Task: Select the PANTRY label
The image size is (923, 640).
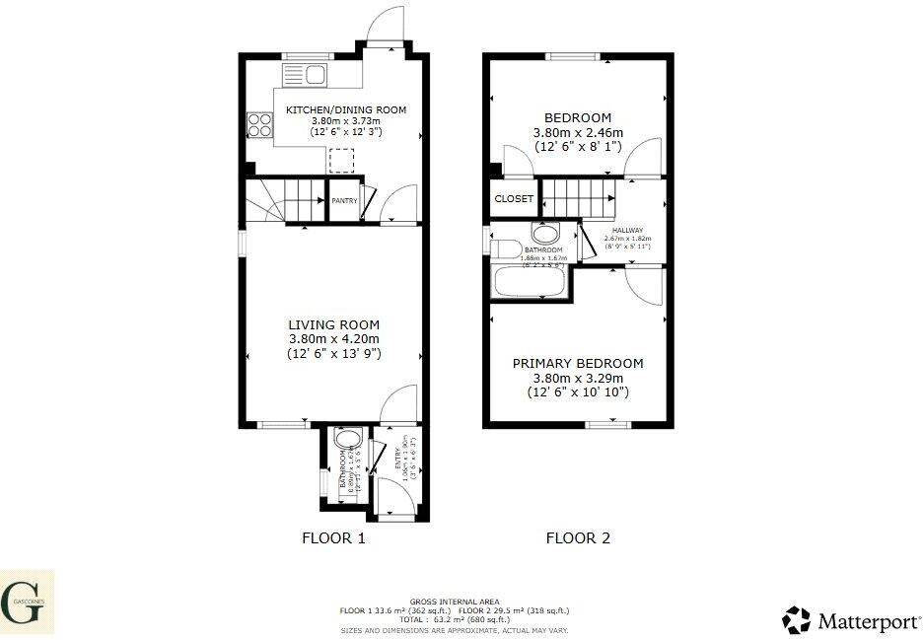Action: point(344,201)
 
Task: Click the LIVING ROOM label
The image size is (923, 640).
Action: point(333,324)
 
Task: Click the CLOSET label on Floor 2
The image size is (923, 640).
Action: point(514,199)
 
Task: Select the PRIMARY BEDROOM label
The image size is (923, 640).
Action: point(578,364)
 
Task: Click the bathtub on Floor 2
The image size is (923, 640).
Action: point(530,283)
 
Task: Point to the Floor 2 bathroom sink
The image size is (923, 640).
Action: point(544,234)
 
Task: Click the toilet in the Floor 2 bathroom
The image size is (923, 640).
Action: point(508,247)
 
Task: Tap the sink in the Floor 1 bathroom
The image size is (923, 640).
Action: point(345,439)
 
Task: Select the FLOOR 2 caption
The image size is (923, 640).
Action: point(578,538)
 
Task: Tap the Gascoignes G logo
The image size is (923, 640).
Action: point(26,602)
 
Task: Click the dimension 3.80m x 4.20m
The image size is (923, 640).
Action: point(333,338)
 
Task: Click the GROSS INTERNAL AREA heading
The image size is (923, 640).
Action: point(455,602)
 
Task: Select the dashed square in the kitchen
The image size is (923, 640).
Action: point(341,161)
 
